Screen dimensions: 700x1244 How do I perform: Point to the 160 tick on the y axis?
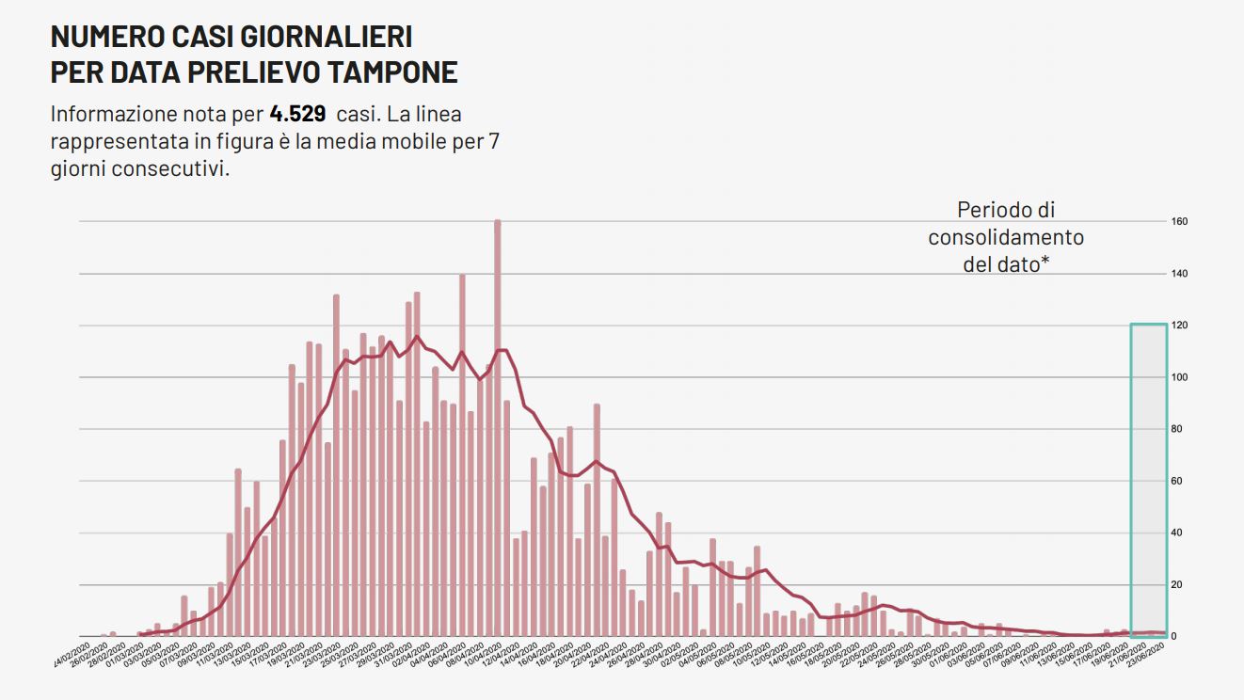click(x=1179, y=222)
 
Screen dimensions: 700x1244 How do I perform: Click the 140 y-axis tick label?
click(x=1179, y=274)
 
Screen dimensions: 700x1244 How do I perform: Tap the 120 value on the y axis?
click(x=1179, y=326)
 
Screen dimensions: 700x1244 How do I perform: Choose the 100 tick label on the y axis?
click(x=1179, y=377)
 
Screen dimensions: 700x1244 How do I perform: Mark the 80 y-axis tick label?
click(x=1179, y=430)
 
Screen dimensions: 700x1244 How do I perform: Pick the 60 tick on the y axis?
click(x=1179, y=482)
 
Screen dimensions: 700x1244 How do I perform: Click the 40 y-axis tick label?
click(x=1179, y=533)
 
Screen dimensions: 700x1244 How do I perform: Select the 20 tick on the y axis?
click(x=1179, y=585)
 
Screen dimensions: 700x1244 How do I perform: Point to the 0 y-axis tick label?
click(x=1173, y=637)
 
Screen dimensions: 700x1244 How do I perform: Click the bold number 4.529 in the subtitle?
click(x=297, y=115)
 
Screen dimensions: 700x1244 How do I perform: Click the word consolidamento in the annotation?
click(x=1006, y=238)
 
